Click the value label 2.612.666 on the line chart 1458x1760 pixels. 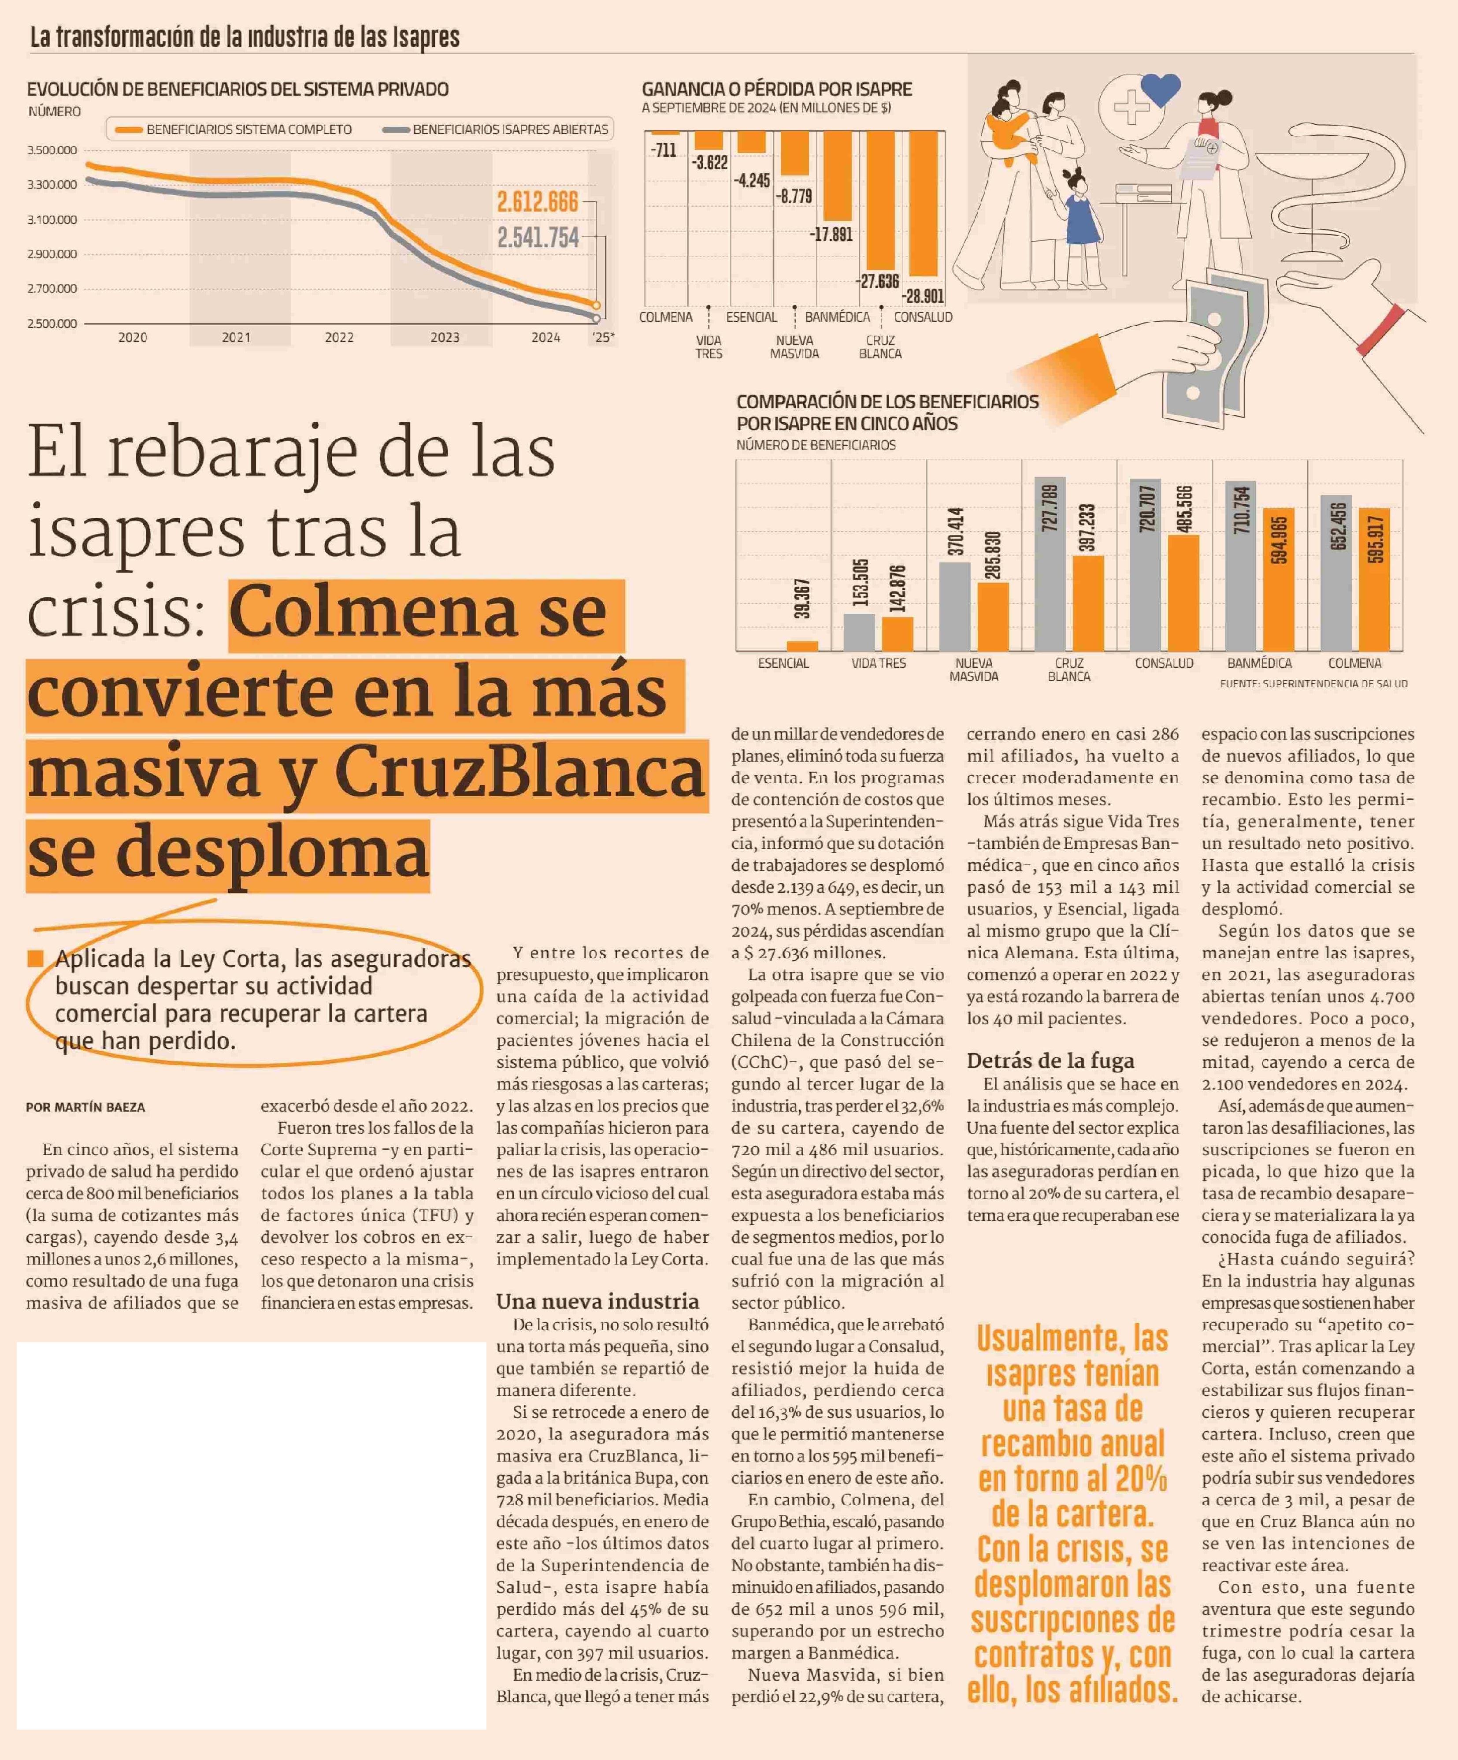537,202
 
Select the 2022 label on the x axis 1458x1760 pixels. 339,338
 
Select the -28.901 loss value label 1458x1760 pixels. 923,296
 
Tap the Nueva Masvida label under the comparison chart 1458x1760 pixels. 974,670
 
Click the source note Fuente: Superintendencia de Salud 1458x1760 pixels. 1313,684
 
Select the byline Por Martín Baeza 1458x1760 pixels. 85,1107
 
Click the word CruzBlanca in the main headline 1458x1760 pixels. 519,773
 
